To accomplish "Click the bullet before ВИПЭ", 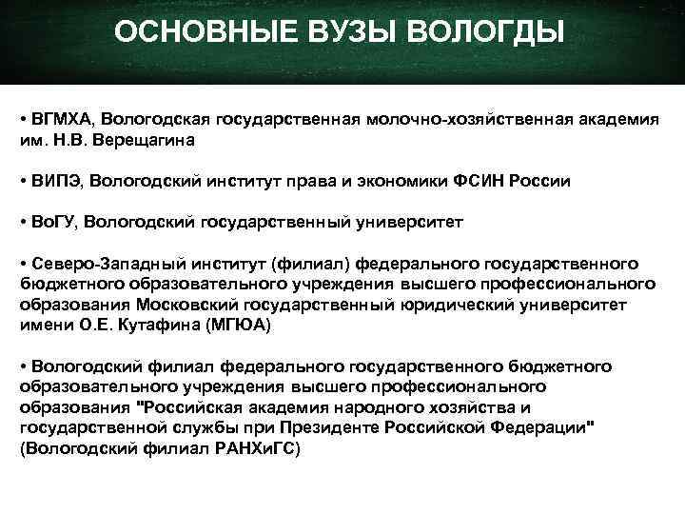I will (23, 181).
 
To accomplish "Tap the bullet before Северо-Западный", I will (23, 264).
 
